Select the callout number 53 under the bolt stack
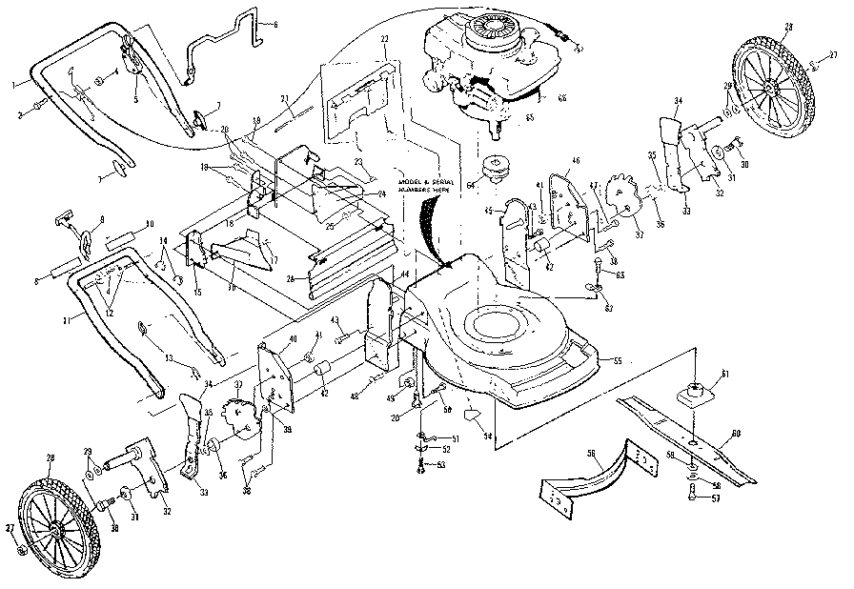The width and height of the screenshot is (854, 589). pyautogui.click(x=441, y=466)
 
